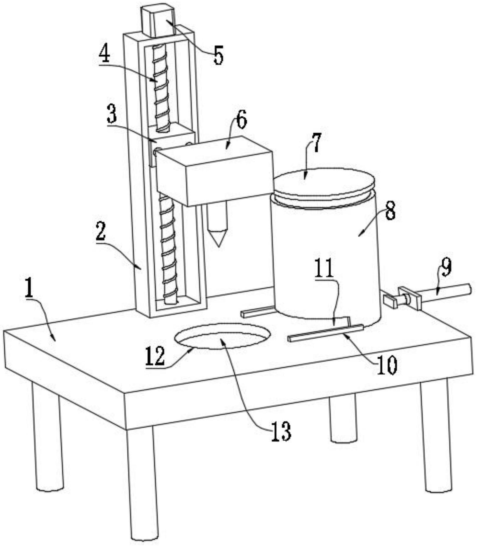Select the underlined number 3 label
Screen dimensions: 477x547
[x=112, y=114]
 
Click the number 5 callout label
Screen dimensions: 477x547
[x=218, y=55]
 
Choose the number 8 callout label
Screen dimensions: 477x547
[x=390, y=211]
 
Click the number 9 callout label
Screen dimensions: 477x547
[x=446, y=268]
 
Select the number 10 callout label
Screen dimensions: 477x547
[x=387, y=365]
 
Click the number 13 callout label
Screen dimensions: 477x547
[x=281, y=431]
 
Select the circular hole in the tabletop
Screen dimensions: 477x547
[x=223, y=336]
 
